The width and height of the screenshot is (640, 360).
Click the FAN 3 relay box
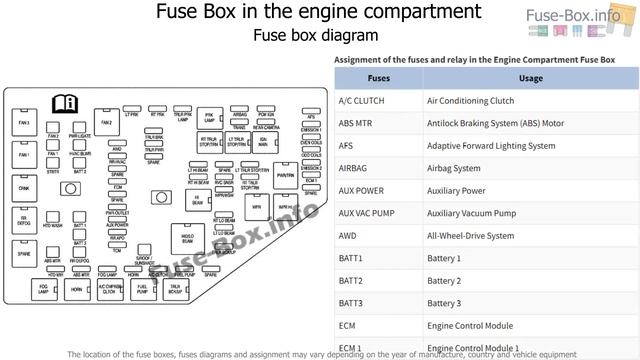(x=23, y=124)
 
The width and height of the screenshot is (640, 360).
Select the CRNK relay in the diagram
(x=23, y=187)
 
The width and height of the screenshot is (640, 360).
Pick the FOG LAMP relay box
(x=44, y=289)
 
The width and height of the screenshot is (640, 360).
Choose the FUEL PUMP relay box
(x=142, y=289)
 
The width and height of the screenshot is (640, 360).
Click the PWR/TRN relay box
(x=285, y=176)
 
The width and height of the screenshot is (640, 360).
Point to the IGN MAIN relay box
(x=263, y=142)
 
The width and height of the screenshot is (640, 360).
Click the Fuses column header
(x=379, y=77)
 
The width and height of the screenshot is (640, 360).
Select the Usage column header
(x=531, y=77)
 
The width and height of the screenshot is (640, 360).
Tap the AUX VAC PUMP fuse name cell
(x=367, y=213)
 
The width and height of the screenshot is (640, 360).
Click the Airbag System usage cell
(x=453, y=168)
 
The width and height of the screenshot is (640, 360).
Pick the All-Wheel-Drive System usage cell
(x=470, y=236)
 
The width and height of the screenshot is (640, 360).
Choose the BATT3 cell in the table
(x=350, y=303)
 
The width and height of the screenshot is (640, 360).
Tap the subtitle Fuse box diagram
(x=315, y=36)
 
